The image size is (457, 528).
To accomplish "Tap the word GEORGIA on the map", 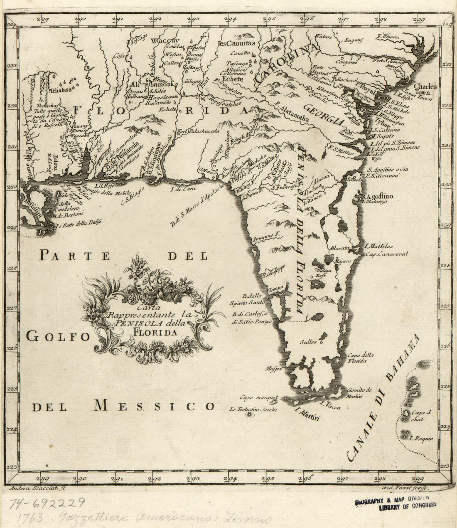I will [x=324, y=115].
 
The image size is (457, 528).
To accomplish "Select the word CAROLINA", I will [x=285, y=64].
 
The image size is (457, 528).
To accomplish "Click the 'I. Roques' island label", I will [x=421, y=438].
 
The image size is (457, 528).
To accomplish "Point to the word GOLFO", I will [x=58, y=336].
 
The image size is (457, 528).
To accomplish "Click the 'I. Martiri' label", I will [x=307, y=416].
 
